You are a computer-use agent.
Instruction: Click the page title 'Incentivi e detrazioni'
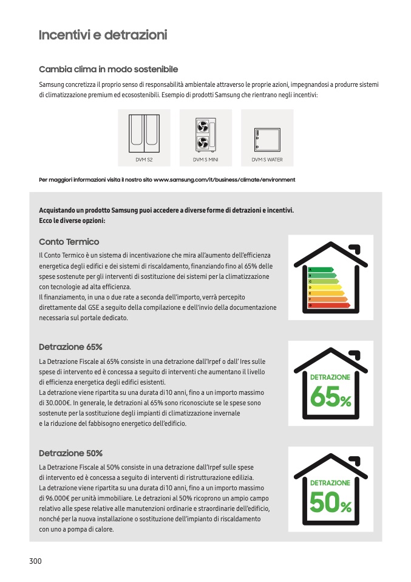click(103, 35)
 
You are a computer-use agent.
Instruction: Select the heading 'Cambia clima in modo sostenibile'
click(108, 70)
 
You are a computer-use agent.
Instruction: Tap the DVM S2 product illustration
click(143, 134)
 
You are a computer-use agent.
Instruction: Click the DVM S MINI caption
click(205, 160)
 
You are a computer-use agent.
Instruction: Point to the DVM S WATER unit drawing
click(267, 139)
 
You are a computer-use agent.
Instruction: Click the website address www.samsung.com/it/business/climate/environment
click(225, 180)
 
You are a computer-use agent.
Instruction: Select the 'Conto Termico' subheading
click(69, 242)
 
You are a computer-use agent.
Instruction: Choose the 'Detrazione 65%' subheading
click(70, 347)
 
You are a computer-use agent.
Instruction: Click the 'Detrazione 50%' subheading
click(70, 453)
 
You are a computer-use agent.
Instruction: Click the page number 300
click(35, 561)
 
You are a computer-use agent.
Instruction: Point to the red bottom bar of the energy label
click(329, 305)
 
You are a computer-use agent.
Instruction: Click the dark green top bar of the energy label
click(321, 269)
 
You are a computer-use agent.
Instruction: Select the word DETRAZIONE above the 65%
click(330, 377)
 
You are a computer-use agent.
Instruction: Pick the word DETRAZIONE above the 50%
click(330, 483)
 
